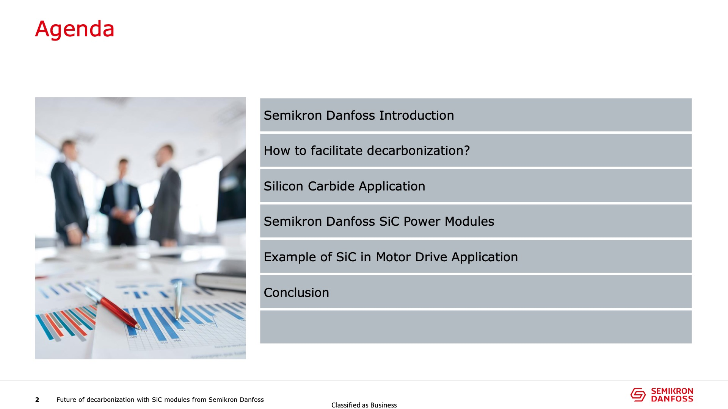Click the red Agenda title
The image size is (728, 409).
(x=75, y=29)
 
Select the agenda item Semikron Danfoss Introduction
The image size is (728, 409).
(x=359, y=115)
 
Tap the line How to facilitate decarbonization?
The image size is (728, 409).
(x=367, y=151)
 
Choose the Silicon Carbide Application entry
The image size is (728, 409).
(x=344, y=186)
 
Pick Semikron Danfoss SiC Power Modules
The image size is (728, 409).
(x=379, y=222)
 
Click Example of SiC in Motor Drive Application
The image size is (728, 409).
(x=391, y=257)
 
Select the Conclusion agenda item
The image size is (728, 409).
(x=296, y=292)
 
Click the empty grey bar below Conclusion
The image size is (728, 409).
(x=476, y=327)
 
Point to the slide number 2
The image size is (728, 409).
(x=37, y=400)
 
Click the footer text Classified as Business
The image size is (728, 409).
(x=364, y=405)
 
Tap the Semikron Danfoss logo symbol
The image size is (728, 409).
(x=638, y=395)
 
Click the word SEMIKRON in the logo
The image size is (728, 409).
(x=672, y=391)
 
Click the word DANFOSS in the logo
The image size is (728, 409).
(x=672, y=399)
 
